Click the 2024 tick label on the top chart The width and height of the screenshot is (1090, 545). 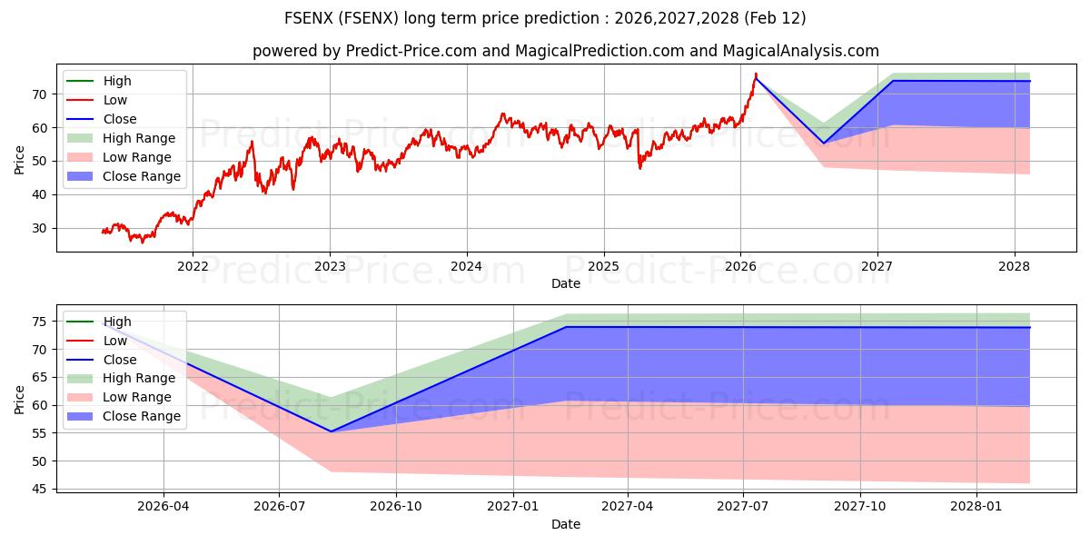466,266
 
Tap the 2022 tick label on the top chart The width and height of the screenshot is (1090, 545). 192,266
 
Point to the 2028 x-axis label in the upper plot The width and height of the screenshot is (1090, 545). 1015,266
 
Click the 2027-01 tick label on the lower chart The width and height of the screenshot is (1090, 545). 513,506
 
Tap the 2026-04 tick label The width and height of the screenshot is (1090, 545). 163,506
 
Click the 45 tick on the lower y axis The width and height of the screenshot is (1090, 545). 40,489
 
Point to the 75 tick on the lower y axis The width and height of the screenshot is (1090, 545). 40,322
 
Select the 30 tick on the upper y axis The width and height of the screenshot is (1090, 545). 40,228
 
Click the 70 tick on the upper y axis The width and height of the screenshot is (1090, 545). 40,94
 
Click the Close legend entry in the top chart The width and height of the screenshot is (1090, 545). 120,119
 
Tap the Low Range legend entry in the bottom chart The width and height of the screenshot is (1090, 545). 137,397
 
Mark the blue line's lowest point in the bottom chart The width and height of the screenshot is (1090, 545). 331,431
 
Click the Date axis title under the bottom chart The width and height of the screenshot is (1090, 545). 565,524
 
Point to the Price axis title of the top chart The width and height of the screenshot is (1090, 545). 20,160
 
